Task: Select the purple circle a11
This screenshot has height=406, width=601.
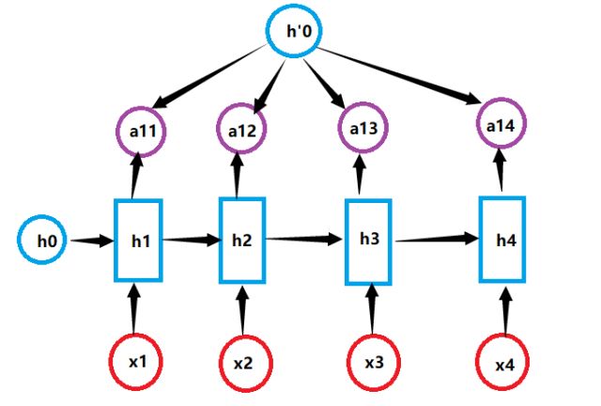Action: [141, 132]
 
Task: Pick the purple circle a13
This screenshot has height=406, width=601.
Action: [360, 130]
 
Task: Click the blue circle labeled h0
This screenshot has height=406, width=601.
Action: [45, 242]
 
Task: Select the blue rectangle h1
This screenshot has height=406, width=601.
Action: [139, 242]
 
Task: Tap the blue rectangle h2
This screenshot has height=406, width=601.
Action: [240, 241]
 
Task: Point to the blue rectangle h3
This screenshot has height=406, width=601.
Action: [369, 241]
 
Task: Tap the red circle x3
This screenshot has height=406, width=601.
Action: [373, 362]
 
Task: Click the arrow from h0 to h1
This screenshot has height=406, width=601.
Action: [92, 242]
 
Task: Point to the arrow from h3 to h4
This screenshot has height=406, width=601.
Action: [438, 240]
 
